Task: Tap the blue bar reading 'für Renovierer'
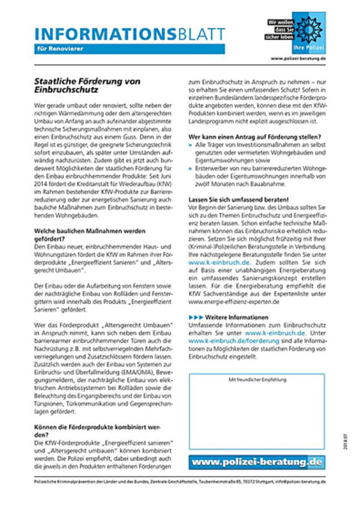129,49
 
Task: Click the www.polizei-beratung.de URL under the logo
298,59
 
